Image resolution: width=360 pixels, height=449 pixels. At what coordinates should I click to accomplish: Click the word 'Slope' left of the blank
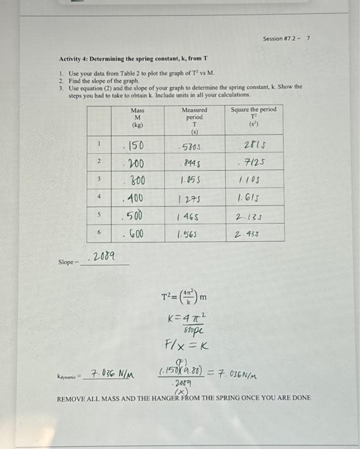pyautogui.click(x=65, y=262)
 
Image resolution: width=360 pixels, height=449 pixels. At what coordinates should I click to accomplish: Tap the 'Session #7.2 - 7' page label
pyautogui.click(x=286, y=39)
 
